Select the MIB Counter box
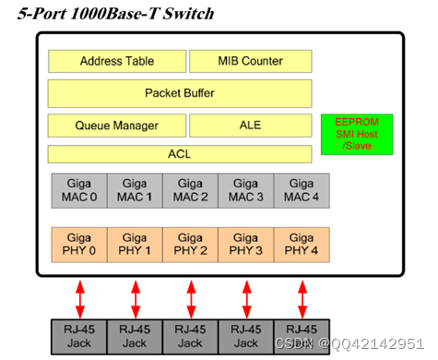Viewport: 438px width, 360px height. [249, 62]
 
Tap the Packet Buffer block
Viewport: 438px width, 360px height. [180, 93]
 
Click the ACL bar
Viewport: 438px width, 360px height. [180, 153]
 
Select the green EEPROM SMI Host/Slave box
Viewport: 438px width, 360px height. [356, 135]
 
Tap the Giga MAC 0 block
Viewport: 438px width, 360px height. [78, 190]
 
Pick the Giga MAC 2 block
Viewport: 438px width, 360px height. [190, 190]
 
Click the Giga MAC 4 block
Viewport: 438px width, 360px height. [302, 190]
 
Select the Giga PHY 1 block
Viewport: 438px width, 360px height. [135, 244]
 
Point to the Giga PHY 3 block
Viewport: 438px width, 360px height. [246, 244]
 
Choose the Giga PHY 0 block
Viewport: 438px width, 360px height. [78, 244]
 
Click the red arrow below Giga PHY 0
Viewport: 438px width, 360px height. [80, 296]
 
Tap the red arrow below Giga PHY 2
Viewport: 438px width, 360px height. [191, 296]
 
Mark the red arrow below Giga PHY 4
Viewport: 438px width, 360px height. [302, 296]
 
